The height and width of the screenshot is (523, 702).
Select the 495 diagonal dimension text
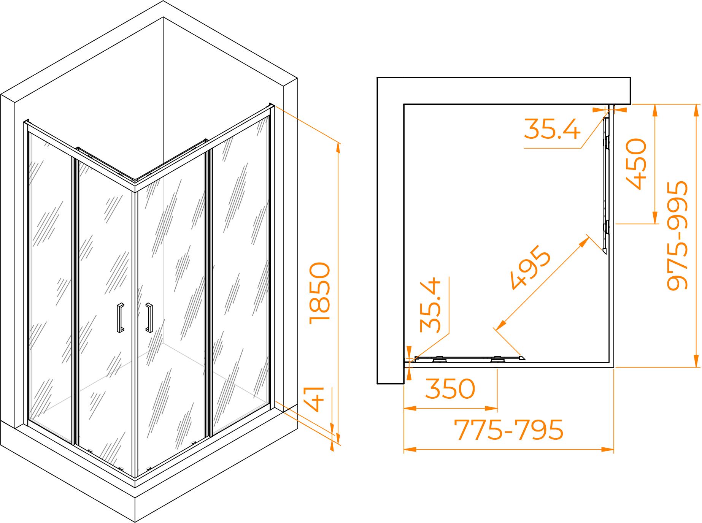[x=530, y=268]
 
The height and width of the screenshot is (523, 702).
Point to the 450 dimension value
[x=635, y=163]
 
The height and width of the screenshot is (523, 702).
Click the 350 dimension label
[x=450, y=388]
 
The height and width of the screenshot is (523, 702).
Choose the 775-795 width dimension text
[x=509, y=429]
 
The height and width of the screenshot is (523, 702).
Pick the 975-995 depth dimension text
[x=677, y=236]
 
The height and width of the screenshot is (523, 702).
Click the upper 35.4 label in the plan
[x=552, y=128]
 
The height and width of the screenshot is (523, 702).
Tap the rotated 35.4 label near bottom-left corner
[x=430, y=305]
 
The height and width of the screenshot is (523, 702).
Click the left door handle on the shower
[x=120, y=318]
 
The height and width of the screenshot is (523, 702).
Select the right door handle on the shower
[x=149, y=318]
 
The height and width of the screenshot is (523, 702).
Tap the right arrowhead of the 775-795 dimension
[x=608, y=449]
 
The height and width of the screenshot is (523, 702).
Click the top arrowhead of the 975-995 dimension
[x=696, y=110]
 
